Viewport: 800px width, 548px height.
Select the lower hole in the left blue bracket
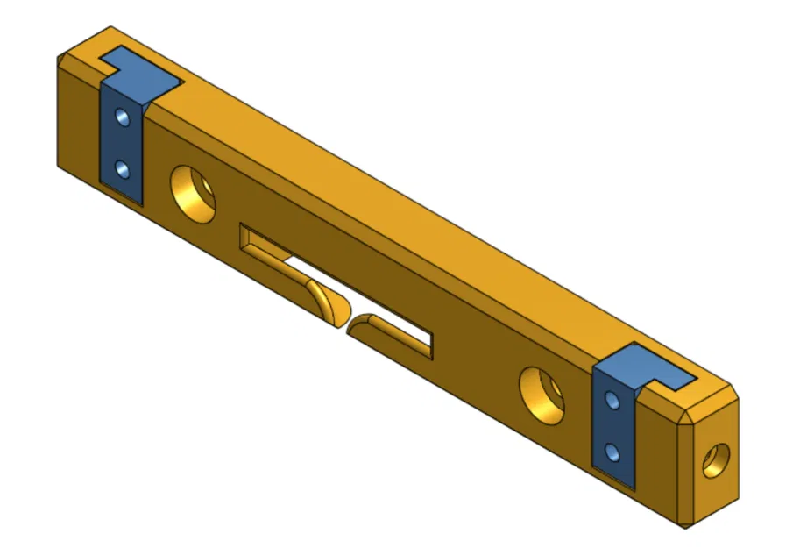pos(124,167)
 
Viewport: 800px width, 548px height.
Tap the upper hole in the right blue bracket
pos(612,401)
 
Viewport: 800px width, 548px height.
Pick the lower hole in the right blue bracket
pos(613,452)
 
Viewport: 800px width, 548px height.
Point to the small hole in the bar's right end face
pos(715,459)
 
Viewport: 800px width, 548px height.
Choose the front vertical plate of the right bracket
pos(615,427)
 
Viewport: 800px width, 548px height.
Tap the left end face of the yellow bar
pos(78,123)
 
